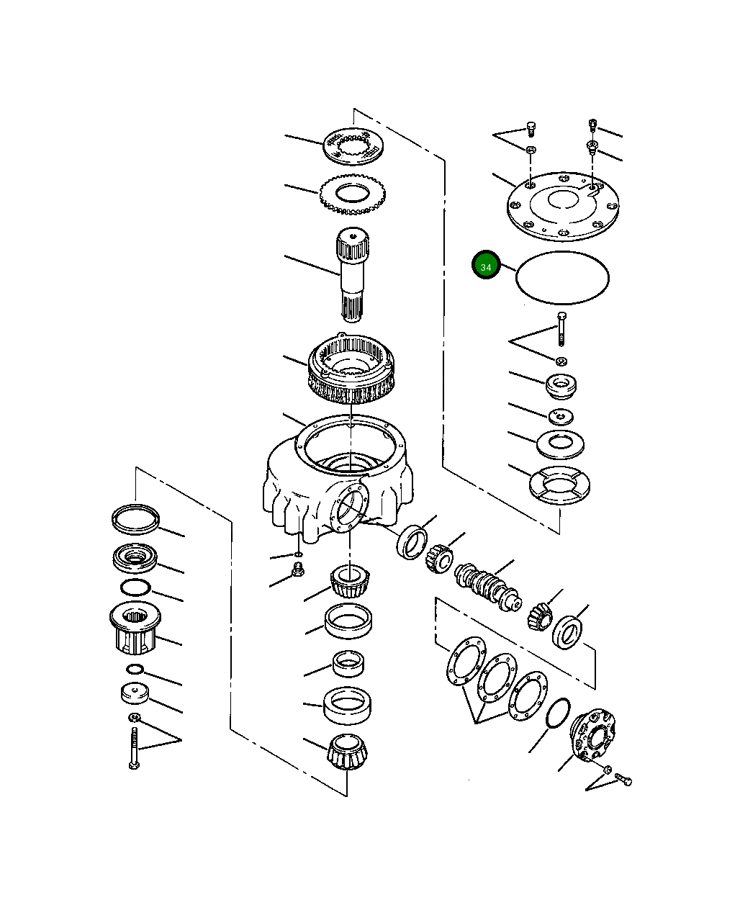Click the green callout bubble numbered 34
click(x=486, y=266)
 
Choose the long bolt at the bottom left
click(x=134, y=749)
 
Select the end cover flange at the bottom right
click(x=594, y=734)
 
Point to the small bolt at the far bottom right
click(x=624, y=780)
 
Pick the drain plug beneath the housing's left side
click(x=295, y=572)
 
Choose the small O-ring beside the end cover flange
click(x=559, y=713)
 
